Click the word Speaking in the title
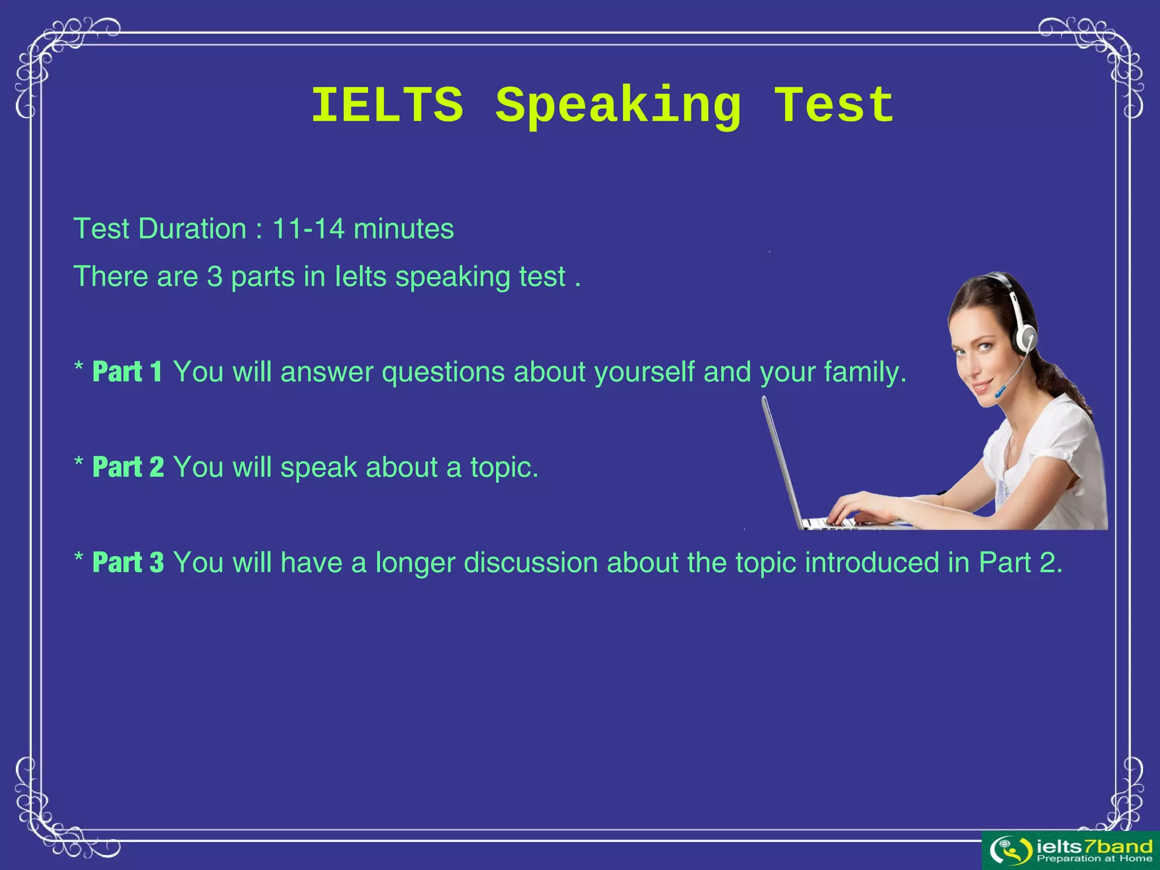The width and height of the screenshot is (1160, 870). pyautogui.click(x=618, y=106)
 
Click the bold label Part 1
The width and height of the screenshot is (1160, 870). pyautogui.click(x=127, y=372)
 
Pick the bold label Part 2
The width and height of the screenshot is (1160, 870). pyautogui.click(x=128, y=467)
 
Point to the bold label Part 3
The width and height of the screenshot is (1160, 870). pyautogui.click(x=128, y=562)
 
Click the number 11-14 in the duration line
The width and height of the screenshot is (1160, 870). pyautogui.click(x=308, y=229)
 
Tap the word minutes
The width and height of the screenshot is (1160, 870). pyautogui.click(x=403, y=229)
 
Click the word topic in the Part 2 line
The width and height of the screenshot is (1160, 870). pyautogui.click(x=504, y=468)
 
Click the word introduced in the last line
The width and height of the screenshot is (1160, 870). pyautogui.click(x=872, y=562)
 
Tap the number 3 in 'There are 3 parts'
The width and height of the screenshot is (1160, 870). pyautogui.click(x=215, y=276)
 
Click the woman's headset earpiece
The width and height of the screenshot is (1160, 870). pyautogui.click(x=1026, y=338)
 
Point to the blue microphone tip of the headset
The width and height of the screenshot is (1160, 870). pyautogui.click(x=1001, y=391)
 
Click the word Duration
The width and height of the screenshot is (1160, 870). pyautogui.click(x=192, y=229)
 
